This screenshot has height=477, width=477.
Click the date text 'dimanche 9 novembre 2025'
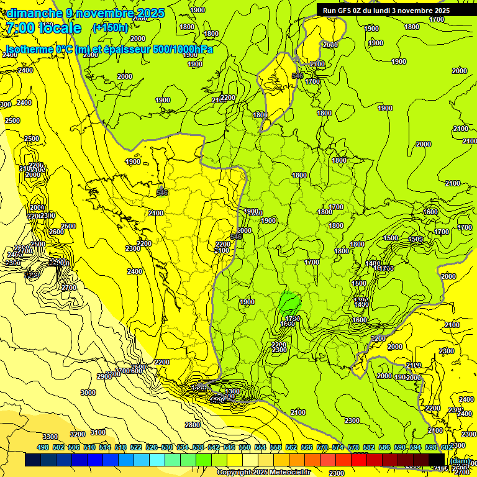click(x=86, y=13)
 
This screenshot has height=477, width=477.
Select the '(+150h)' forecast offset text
click(x=110, y=27)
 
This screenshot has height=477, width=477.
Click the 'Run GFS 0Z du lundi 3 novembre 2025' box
click(x=386, y=10)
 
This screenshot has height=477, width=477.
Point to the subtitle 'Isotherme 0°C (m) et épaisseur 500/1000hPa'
click(x=109, y=49)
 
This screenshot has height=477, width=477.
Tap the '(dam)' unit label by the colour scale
click(x=459, y=460)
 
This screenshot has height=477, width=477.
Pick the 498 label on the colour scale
click(x=43, y=447)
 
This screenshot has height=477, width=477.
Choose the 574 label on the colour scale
click(x=338, y=447)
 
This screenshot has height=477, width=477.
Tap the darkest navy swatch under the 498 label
click(x=33, y=460)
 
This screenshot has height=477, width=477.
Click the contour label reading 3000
click(x=88, y=393)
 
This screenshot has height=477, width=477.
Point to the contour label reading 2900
click(x=104, y=376)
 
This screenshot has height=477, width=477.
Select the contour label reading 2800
click(x=193, y=425)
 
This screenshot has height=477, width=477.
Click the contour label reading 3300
click(x=50, y=437)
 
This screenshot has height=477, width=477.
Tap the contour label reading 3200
click(x=78, y=434)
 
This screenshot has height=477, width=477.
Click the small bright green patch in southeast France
click(x=289, y=304)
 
